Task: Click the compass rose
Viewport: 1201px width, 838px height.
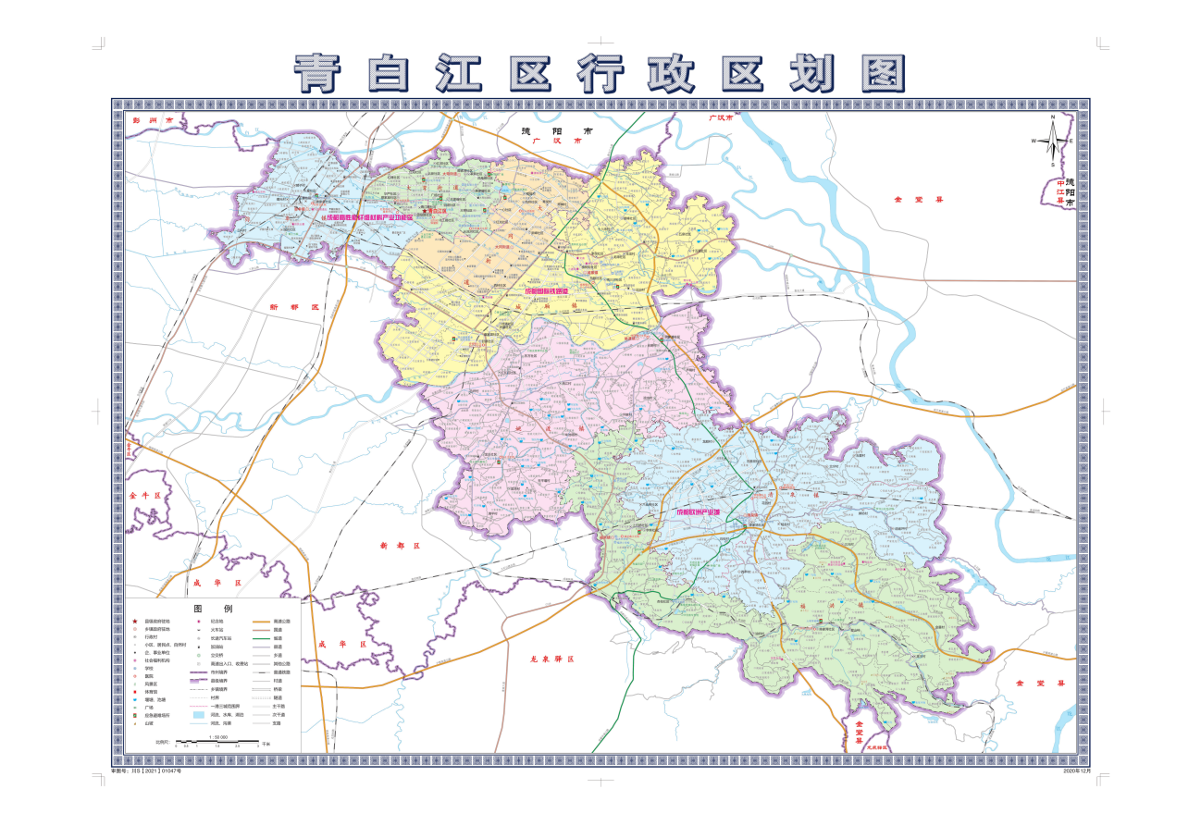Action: click(x=1053, y=142)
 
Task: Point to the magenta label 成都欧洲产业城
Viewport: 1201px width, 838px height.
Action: click(x=711, y=511)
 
